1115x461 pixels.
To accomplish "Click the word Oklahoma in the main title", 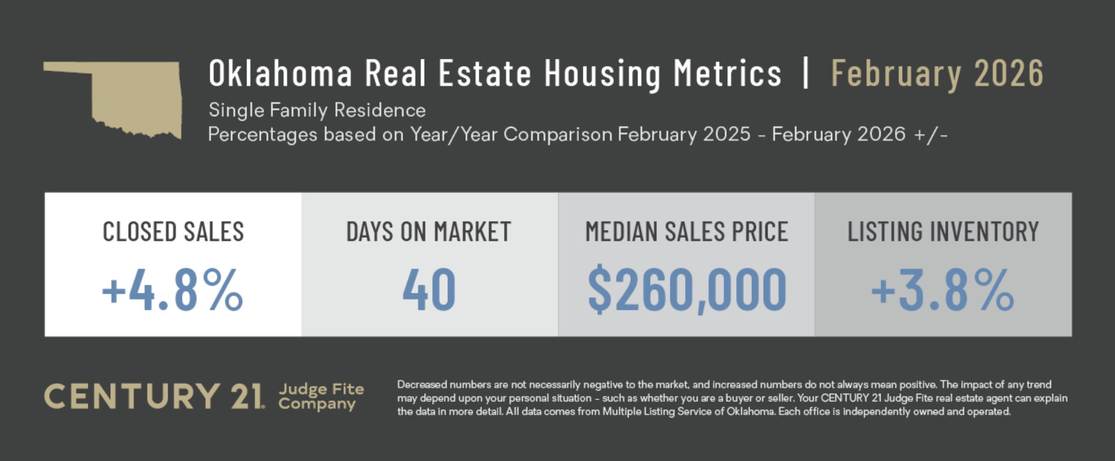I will (280, 73).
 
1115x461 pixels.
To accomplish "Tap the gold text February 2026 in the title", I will (937, 73).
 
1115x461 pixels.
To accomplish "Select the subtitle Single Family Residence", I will (317, 110).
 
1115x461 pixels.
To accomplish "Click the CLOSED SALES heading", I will (173, 232).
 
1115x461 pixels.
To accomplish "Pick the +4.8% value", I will (173, 290).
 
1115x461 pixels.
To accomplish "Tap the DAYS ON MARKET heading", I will (429, 232).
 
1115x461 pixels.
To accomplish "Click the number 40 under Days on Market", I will (429, 290).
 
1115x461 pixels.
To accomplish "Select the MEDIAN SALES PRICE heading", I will (687, 232).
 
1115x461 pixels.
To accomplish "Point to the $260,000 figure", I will (687, 290).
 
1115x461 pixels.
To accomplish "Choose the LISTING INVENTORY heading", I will (943, 232).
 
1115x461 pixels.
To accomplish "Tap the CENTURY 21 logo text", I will (154, 396).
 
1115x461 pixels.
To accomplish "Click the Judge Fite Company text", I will (320, 396).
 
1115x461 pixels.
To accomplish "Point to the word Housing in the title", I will (602, 73).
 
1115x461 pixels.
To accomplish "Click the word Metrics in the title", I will (727, 73).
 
